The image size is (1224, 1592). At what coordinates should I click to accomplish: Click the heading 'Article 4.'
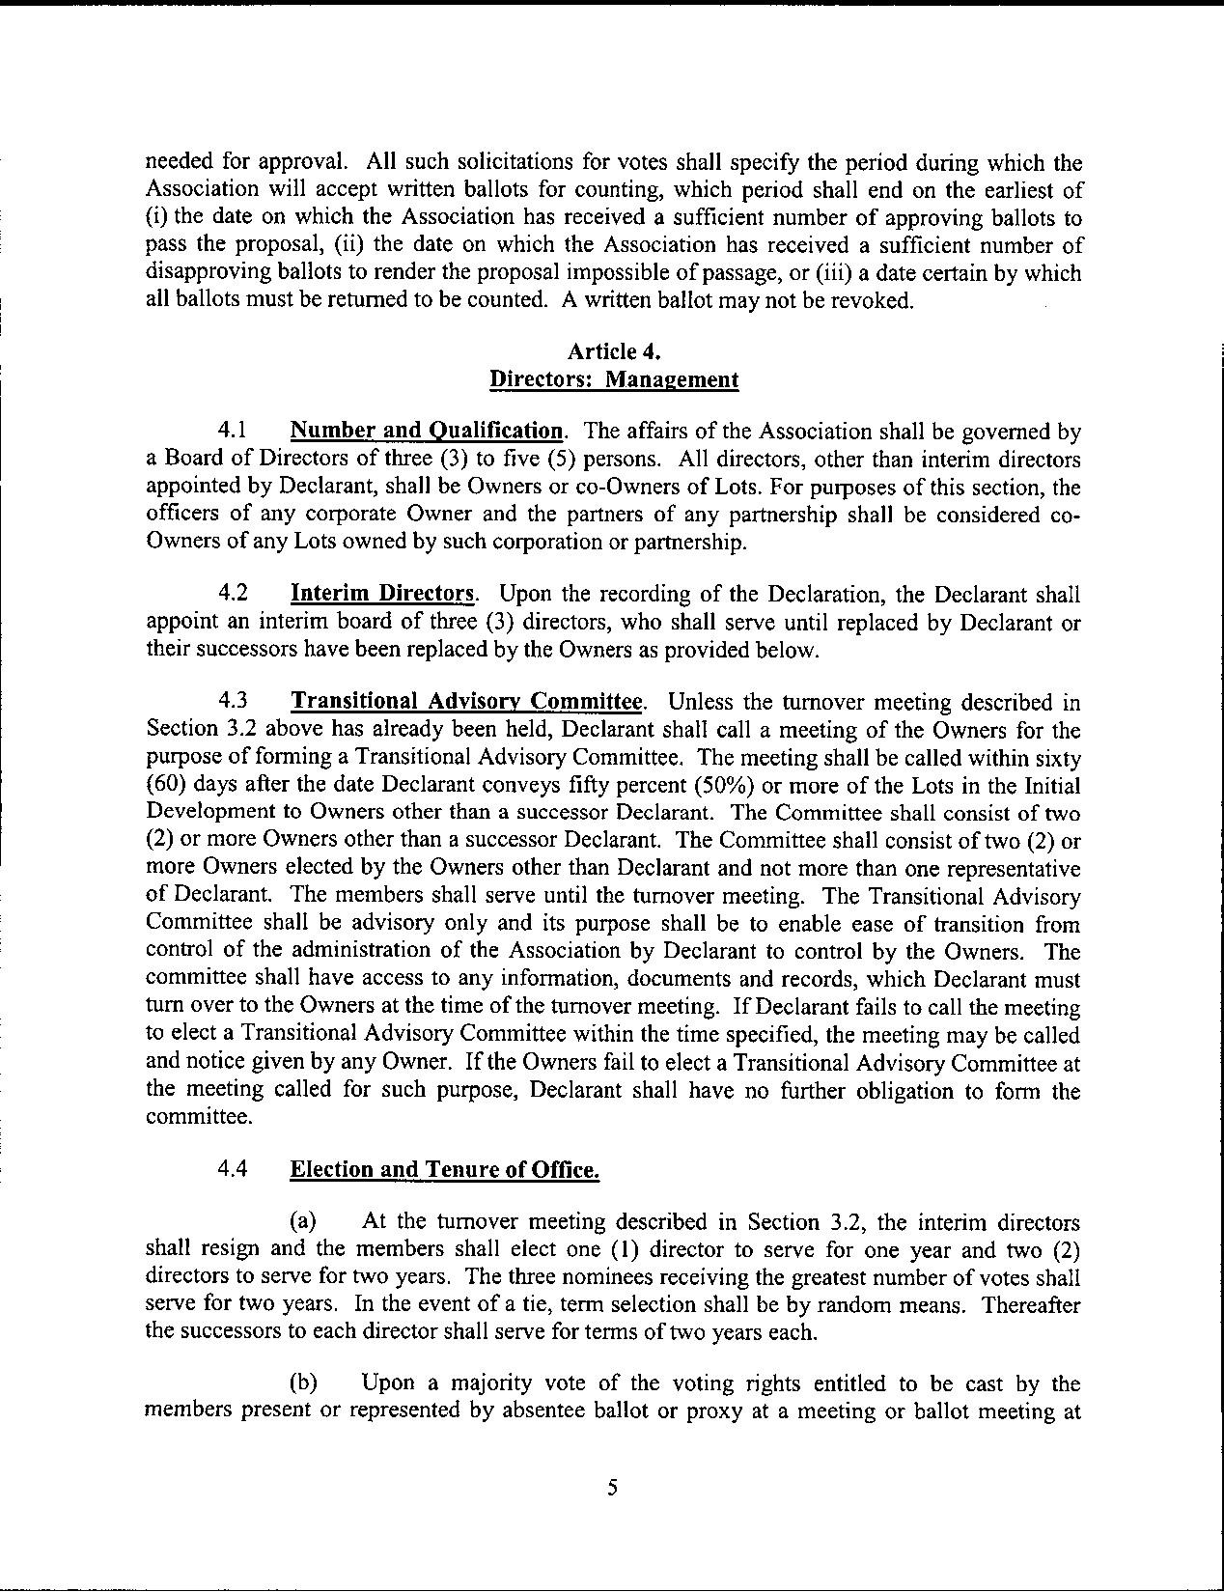[x=613, y=350]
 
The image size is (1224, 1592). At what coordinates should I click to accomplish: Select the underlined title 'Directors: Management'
[x=613, y=379]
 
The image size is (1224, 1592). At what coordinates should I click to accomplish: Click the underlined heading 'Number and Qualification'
[x=426, y=431]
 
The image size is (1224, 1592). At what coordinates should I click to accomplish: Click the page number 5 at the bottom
[x=612, y=1488]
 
